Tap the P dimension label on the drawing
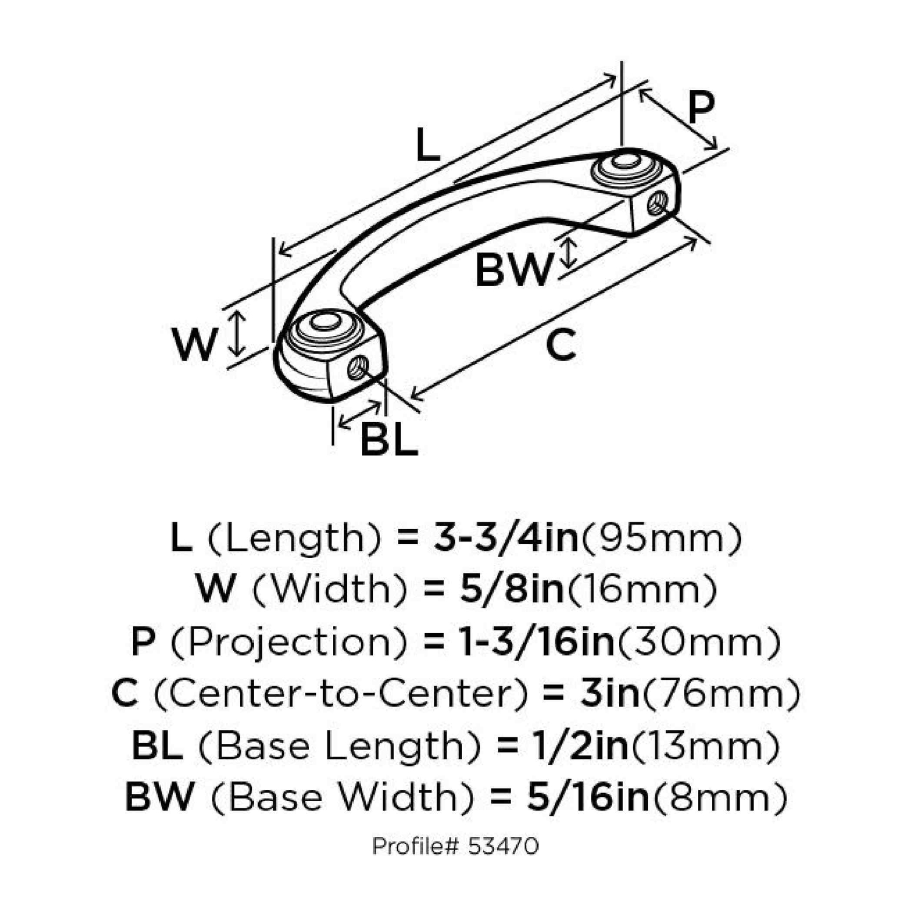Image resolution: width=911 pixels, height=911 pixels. pos(701,108)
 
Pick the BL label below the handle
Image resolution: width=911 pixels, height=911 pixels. pos(389,438)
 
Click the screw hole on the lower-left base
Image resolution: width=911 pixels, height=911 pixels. pos(358,367)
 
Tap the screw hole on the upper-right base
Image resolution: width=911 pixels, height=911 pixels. pos(657,203)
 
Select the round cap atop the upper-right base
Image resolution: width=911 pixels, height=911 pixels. pos(623,167)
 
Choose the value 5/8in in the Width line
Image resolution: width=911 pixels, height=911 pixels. pos(511,589)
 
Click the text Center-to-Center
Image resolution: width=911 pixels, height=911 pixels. pos(341,694)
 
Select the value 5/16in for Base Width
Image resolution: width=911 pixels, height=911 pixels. pos(588,797)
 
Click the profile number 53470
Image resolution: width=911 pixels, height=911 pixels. pos(503,846)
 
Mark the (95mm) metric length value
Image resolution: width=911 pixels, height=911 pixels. pos(661,539)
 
